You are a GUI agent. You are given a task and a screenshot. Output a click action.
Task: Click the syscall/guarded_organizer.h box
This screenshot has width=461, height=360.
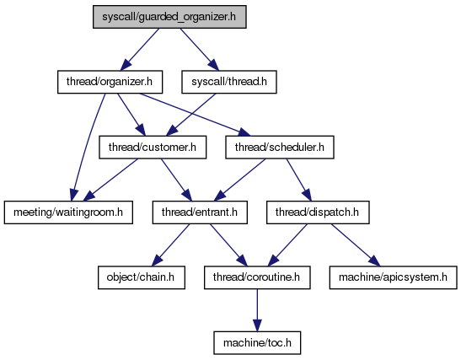click(x=169, y=17)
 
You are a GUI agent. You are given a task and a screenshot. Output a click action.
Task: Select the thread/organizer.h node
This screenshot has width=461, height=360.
click(x=110, y=82)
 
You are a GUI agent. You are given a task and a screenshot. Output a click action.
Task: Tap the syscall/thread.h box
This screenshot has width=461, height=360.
click(x=229, y=82)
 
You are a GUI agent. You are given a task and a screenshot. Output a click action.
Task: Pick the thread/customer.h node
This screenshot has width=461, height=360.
click(x=153, y=148)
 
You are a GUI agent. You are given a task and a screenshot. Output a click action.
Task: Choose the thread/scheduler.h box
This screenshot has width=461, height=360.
click(x=280, y=148)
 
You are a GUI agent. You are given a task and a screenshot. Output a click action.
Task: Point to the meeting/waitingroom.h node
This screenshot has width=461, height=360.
click(x=68, y=212)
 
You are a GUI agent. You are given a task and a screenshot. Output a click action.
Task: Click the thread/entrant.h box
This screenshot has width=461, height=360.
click(x=200, y=212)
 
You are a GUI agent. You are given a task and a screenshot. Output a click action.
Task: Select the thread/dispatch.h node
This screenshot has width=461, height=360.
click(x=318, y=212)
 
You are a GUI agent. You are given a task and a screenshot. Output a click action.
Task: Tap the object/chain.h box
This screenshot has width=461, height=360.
click(x=142, y=277)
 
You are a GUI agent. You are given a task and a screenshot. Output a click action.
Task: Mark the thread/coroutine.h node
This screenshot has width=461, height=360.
click(x=257, y=277)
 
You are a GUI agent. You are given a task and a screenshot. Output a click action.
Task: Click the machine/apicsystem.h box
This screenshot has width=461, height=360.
click(x=394, y=277)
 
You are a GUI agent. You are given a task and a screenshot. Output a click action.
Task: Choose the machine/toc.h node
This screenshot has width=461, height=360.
click(x=257, y=343)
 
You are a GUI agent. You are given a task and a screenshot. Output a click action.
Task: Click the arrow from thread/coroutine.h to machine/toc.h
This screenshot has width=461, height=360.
click(x=257, y=310)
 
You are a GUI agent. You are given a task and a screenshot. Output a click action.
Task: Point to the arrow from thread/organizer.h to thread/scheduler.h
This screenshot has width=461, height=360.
click(x=195, y=115)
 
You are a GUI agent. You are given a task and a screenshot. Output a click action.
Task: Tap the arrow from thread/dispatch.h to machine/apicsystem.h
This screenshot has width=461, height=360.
click(x=356, y=245)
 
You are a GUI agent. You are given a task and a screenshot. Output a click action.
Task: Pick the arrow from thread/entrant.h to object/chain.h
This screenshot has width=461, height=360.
click(x=171, y=245)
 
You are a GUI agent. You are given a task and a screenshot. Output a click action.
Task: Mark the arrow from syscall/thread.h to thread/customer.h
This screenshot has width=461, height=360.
click(x=190, y=115)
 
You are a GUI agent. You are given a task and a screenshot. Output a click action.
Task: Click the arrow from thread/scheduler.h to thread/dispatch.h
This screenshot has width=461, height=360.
click(x=298, y=180)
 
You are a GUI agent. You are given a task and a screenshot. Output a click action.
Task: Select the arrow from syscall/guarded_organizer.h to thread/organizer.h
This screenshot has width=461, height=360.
click(x=140, y=50)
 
